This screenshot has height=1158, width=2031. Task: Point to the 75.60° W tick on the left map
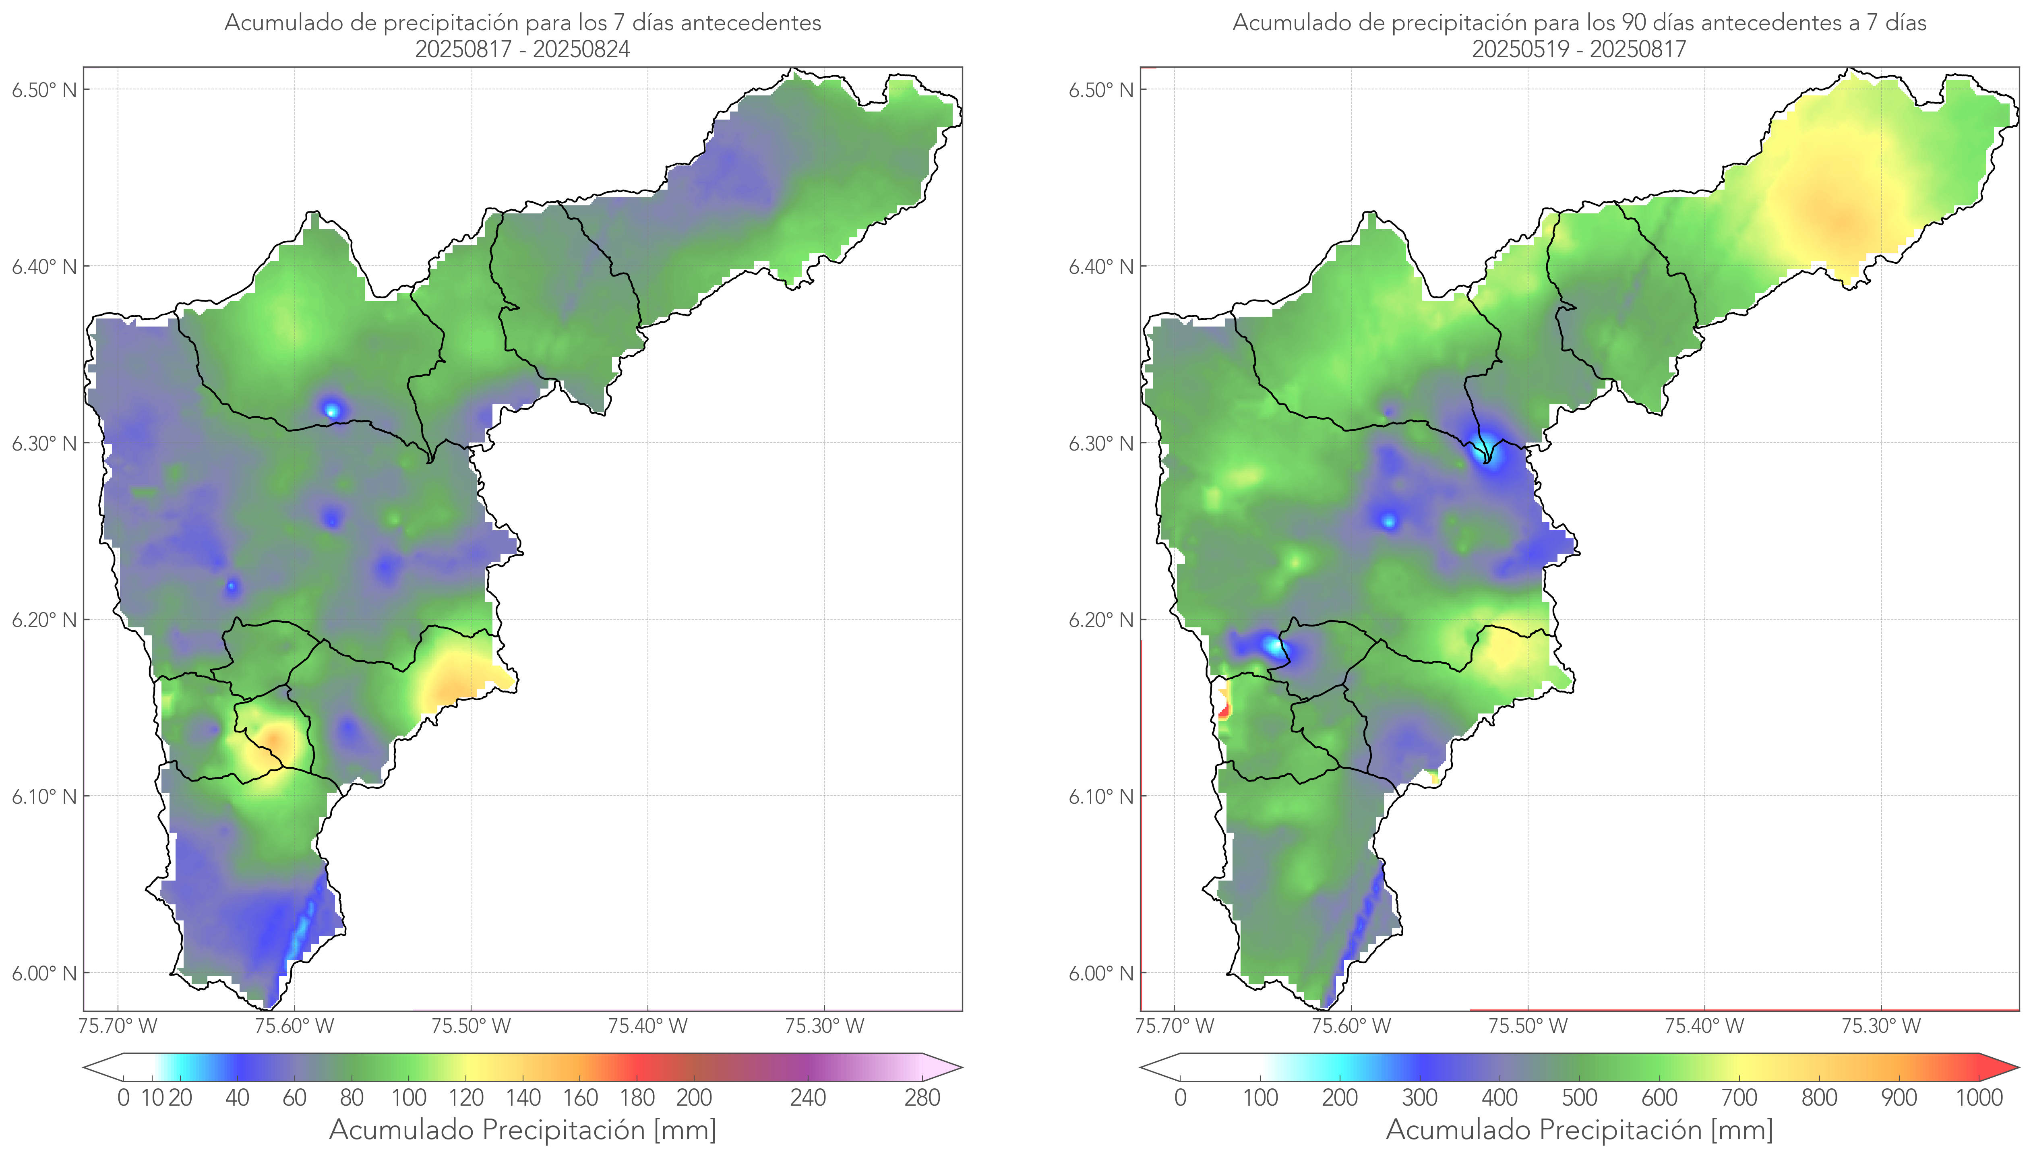[x=294, y=1026]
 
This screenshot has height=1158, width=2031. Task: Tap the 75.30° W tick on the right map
[x=1881, y=1026]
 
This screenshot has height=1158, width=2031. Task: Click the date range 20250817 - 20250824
[x=523, y=49]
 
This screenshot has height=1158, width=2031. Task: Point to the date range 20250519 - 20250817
[x=1578, y=49]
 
